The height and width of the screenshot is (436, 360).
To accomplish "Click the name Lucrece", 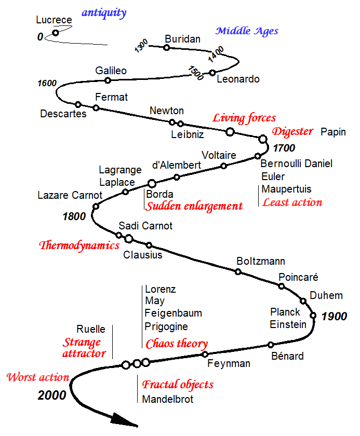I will [x=54, y=20].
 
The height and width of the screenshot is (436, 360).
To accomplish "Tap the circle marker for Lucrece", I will [x=56, y=33].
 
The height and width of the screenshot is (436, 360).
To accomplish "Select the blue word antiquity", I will [x=104, y=13].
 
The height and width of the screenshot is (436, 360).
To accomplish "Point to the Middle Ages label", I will [x=247, y=31].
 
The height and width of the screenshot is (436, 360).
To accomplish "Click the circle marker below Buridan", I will [x=166, y=48].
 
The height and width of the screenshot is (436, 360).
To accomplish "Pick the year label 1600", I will [x=47, y=83].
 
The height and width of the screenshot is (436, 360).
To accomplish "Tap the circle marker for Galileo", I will [x=108, y=80].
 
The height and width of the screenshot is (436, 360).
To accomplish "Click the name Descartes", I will [x=63, y=114].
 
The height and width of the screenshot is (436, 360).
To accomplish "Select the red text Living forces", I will [x=244, y=118].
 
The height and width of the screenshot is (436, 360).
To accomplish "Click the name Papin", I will [x=333, y=132].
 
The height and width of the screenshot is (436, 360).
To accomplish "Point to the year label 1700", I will [x=284, y=148].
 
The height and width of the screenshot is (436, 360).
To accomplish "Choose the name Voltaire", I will [x=219, y=155].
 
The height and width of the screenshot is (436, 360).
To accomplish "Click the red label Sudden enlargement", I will [x=194, y=206].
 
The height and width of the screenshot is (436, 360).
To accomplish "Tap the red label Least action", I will [x=292, y=202].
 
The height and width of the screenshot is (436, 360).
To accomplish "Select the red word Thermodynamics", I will [x=79, y=246].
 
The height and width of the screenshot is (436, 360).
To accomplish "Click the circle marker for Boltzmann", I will [x=238, y=271].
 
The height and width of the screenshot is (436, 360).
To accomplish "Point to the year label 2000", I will [x=52, y=396].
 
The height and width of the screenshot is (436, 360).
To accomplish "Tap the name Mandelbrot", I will [x=168, y=399].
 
